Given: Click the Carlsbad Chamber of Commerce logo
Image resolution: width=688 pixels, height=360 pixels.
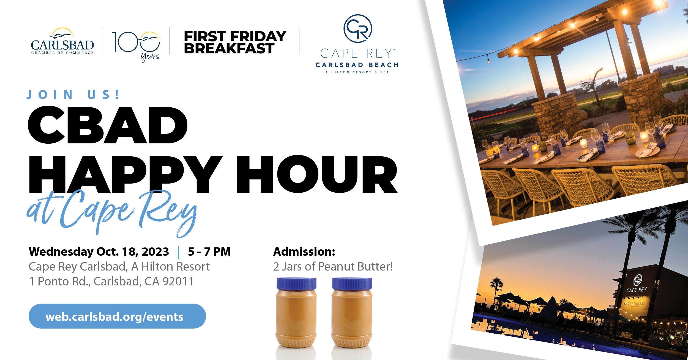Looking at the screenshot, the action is [62, 41].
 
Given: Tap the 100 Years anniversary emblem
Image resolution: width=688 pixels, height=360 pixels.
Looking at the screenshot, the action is [136, 45].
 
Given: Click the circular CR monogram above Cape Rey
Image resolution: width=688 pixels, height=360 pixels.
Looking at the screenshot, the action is [357, 29].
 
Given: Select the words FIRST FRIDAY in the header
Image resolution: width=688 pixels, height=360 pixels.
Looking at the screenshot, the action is [235, 36].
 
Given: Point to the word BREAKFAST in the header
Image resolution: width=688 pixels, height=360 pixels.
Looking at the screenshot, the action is [229, 48].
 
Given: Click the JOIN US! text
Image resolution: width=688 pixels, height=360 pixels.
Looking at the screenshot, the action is [73, 95].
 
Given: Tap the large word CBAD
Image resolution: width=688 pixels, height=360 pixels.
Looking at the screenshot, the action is [108, 125].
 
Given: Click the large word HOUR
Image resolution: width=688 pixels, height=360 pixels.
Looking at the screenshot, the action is [317, 174].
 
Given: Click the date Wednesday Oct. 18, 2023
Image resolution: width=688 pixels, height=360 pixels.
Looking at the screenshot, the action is [99, 252].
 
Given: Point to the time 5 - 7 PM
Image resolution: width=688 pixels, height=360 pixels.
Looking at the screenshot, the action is [209, 252].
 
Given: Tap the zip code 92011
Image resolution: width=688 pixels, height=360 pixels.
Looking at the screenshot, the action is [178, 281].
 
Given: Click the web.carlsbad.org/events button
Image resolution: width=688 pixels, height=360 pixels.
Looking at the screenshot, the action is [117, 316].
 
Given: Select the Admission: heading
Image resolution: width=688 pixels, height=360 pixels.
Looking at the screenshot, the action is [304, 252].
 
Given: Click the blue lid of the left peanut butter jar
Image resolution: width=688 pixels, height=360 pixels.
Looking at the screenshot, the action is [296, 284].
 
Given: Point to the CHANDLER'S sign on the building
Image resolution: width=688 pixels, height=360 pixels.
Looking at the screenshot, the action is [635, 303].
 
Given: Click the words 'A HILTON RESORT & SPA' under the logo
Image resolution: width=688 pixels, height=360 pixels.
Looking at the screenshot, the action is [357, 72].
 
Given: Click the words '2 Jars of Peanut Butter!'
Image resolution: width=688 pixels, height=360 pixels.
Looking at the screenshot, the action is [333, 266].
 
